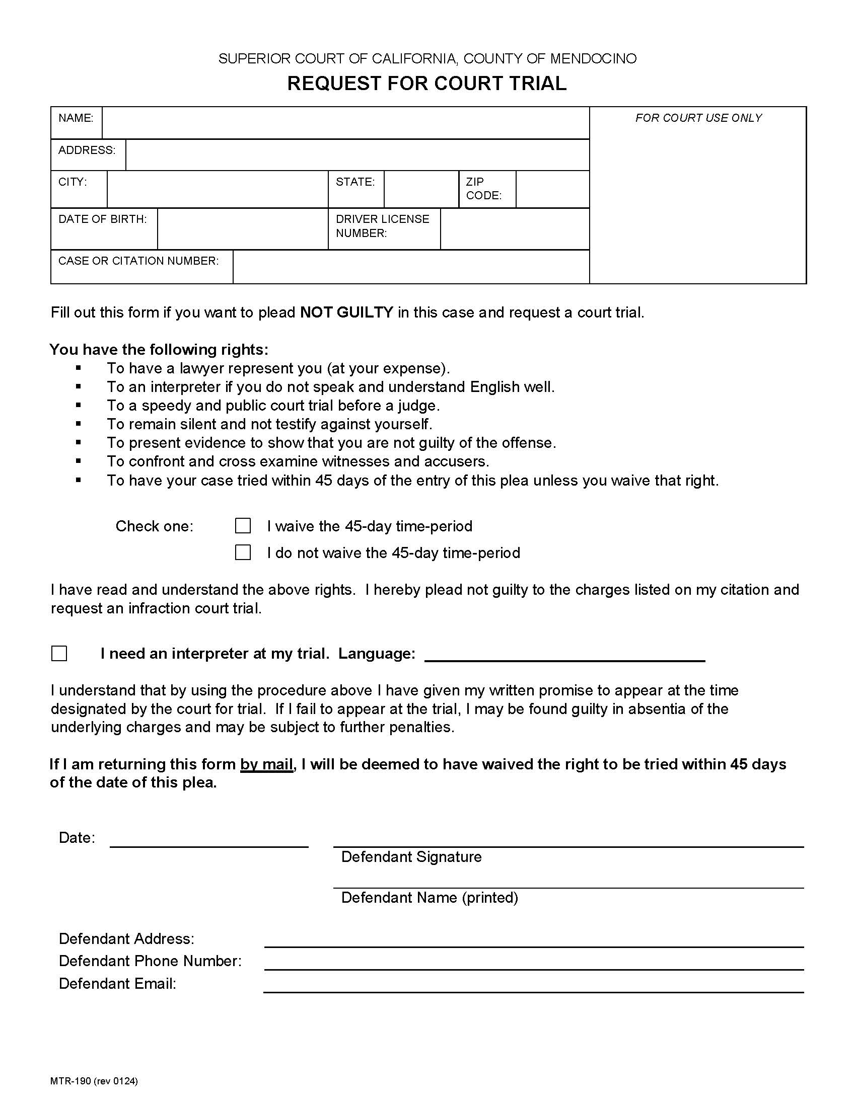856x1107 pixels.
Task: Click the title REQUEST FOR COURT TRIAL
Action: click(x=426, y=84)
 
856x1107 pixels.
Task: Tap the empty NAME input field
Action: click(x=345, y=123)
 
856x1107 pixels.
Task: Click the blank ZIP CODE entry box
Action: click(x=552, y=189)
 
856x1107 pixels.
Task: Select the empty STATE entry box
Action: click(x=421, y=189)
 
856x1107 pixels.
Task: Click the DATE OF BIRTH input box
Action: click(x=242, y=228)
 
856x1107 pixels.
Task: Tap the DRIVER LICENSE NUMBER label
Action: click(x=382, y=226)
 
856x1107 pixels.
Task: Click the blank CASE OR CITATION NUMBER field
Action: click(x=411, y=267)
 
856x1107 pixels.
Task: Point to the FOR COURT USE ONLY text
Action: click(x=698, y=118)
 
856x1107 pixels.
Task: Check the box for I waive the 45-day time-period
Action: click(x=243, y=526)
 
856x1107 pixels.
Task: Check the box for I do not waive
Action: click(x=243, y=552)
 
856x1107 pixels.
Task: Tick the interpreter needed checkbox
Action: click(x=59, y=653)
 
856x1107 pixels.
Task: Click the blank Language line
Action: click(x=564, y=655)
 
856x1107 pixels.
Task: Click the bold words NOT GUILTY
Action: click(x=346, y=312)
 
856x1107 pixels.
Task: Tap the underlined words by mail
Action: click(x=267, y=764)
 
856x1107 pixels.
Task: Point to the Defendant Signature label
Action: click(x=411, y=857)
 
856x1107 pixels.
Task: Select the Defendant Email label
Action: click(x=117, y=984)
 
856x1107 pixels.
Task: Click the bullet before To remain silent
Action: click(x=78, y=423)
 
